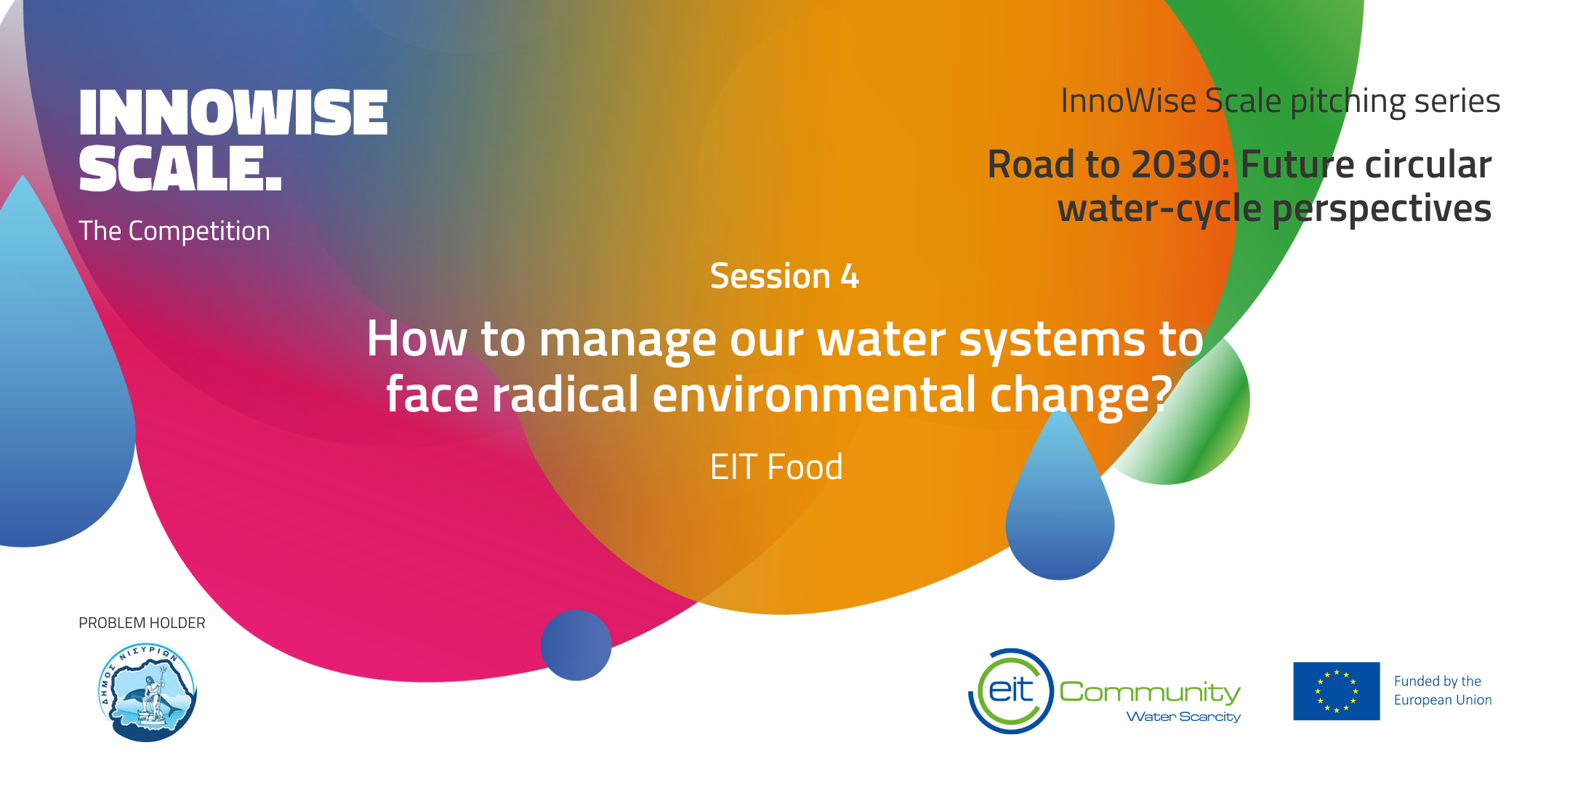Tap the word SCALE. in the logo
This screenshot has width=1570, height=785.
[x=180, y=169]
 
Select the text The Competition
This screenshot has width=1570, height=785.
[x=174, y=231]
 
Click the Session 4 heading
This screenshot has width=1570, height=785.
[x=784, y=276]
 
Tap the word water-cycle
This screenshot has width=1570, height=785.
[x=1159, y=209]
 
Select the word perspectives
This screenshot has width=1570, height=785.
[x=1382, y=209]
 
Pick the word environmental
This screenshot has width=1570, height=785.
[x=814, y=395]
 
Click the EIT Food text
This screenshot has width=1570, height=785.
[x=776, y=467]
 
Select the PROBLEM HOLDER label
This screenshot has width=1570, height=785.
[x=142, y=623]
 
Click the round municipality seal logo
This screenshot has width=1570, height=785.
[x=148, y=692]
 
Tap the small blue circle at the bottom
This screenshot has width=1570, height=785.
[x=576, y=645]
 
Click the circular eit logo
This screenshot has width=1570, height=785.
[x=1011, y=691]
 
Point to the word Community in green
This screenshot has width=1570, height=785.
[x=1150, y=692]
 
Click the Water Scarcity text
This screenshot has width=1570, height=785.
[x=1183, y=717]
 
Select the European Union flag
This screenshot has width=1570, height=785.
[x=1336, y=691]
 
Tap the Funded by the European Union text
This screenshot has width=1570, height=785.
[x=1443, y=691]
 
